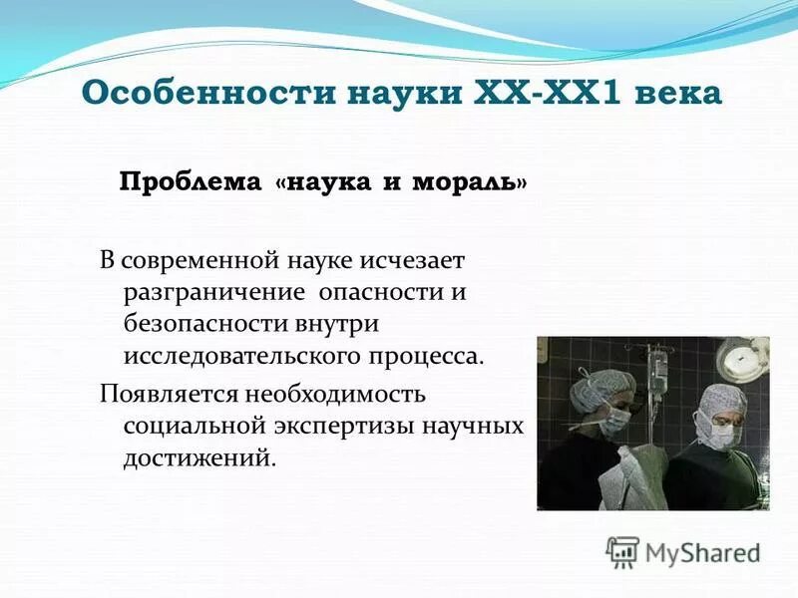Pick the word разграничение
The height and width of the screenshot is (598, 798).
pos(213,293)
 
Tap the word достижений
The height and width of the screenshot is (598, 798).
pos(196,457)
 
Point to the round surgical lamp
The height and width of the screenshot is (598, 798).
pos(747,351)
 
